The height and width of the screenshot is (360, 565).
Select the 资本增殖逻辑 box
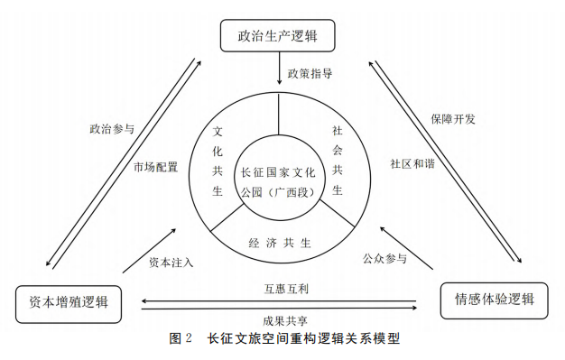(69, 302)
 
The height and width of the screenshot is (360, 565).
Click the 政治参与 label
(111, 129)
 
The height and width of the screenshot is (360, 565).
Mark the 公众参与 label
(384, 260)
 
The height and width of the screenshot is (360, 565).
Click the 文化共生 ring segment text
(218, 161)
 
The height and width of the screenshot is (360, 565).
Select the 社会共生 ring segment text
(337, 160)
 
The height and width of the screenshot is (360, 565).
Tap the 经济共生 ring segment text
(280, 243)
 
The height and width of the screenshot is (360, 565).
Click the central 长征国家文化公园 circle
(277, 176)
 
